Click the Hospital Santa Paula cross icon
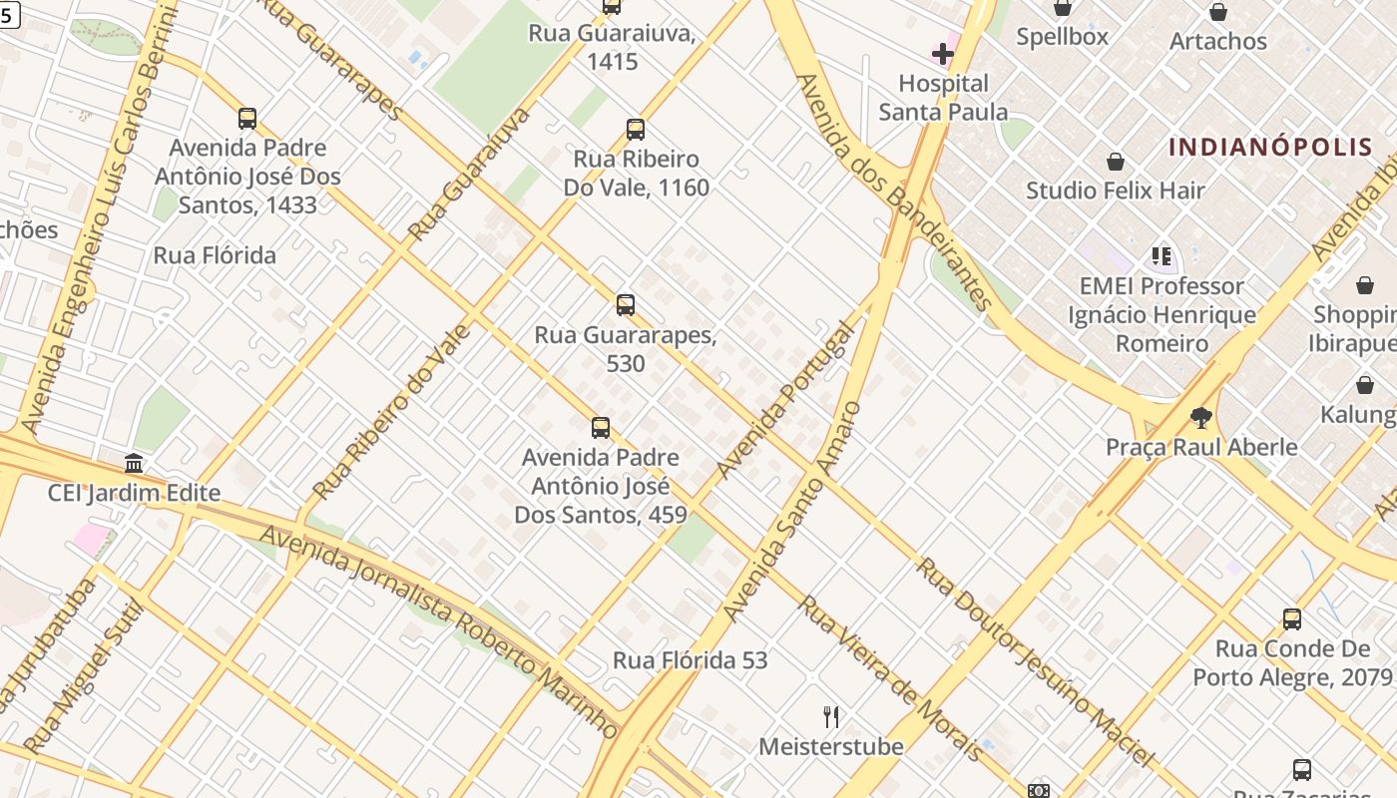pos(942,53)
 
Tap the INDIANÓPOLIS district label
pos(1270,148)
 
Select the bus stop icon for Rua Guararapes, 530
pos(626,305)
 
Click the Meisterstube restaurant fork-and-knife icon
pos(831,716)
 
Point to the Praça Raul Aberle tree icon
pos(1201,418)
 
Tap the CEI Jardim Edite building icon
pos(134,464)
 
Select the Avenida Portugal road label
pos(786,399)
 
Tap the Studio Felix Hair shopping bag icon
pos(1116,162)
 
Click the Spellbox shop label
pos(1062,37)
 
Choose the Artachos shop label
pos(1217,41)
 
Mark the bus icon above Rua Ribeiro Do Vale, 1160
pos(636,130)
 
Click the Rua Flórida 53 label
pos(690,660)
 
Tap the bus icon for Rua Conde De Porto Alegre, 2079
pos(1292,619)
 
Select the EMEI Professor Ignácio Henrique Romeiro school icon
pos(1161,257)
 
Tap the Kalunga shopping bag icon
pos(1365,385)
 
